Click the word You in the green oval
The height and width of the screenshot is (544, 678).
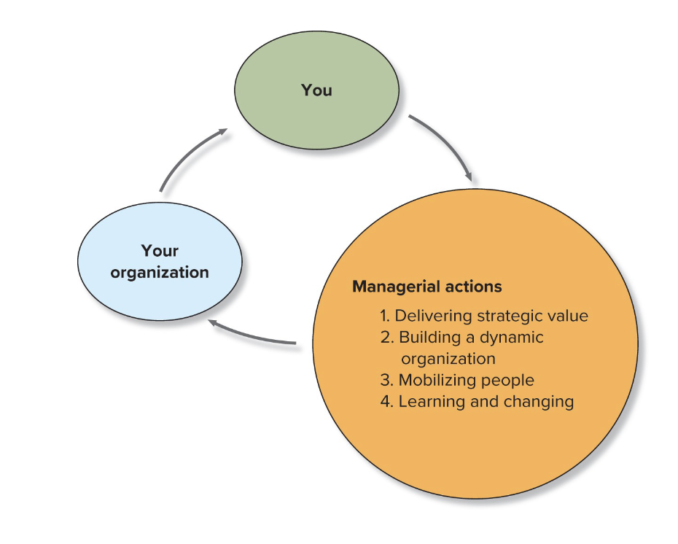tap(316, 90)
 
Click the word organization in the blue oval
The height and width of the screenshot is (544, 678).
tap(160, 273)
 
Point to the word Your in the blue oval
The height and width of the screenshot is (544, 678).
tap(160, 251)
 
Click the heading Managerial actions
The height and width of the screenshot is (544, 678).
tap(426, 287)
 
